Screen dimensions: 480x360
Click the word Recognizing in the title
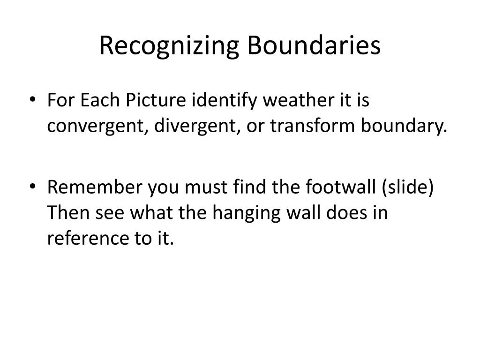[x=169, y=46]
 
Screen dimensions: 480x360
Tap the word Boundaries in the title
[x=314, y=45]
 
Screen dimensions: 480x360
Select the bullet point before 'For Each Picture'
[x=32, y=99]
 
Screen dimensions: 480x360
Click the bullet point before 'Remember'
[x=32, y=186]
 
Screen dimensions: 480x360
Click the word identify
[x=224, y=100]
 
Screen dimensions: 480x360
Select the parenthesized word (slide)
[x=408, y=187]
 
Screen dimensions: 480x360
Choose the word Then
[x=67, y=212]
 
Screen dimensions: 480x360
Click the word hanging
[x=246, y=213]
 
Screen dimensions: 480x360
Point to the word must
[x=206, y=187]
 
